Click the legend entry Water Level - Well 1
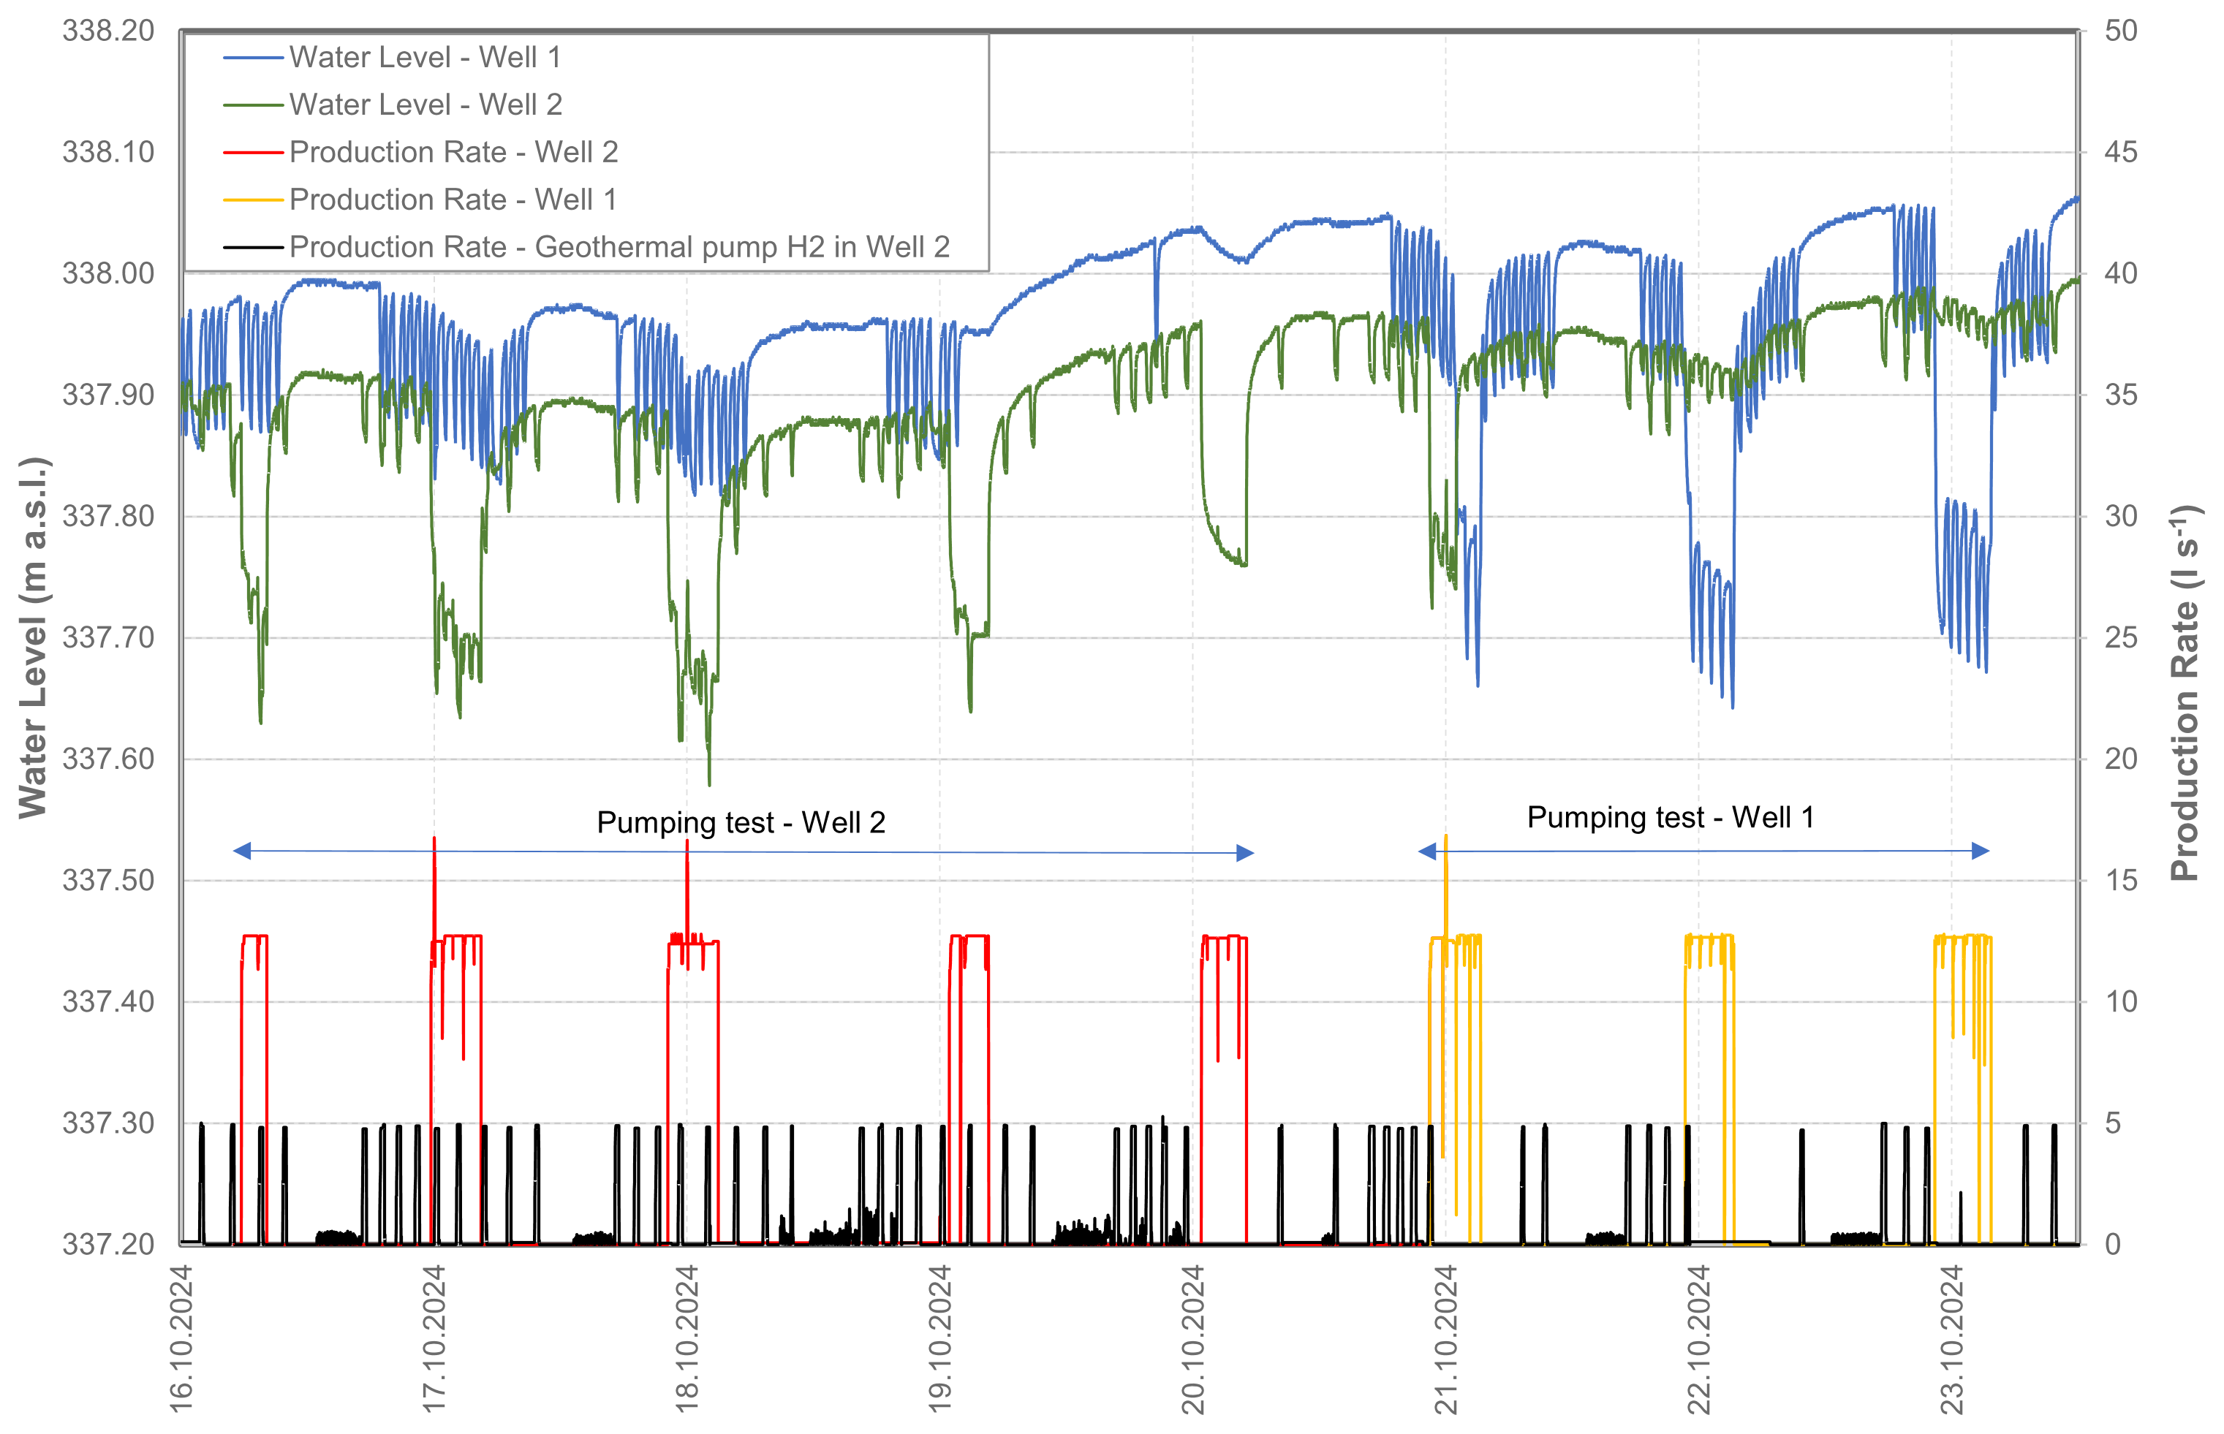coord(425,58)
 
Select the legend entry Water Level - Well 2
coord(425,105)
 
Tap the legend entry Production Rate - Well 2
coord(453,153)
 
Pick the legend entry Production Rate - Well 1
coord(453,200)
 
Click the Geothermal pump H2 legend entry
coord(619,248)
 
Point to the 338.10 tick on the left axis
coord(108,153)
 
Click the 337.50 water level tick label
coord(108,881)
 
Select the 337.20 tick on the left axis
coord(108,1245)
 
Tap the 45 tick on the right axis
coord(2121,153)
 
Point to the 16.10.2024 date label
coord(181,1339)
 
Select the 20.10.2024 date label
coord(1193,1339)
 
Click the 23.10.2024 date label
coord(1951,1339)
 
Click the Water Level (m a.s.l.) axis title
coord(34,638)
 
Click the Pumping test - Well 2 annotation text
coord(741,823)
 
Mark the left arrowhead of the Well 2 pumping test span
coord(242,851)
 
